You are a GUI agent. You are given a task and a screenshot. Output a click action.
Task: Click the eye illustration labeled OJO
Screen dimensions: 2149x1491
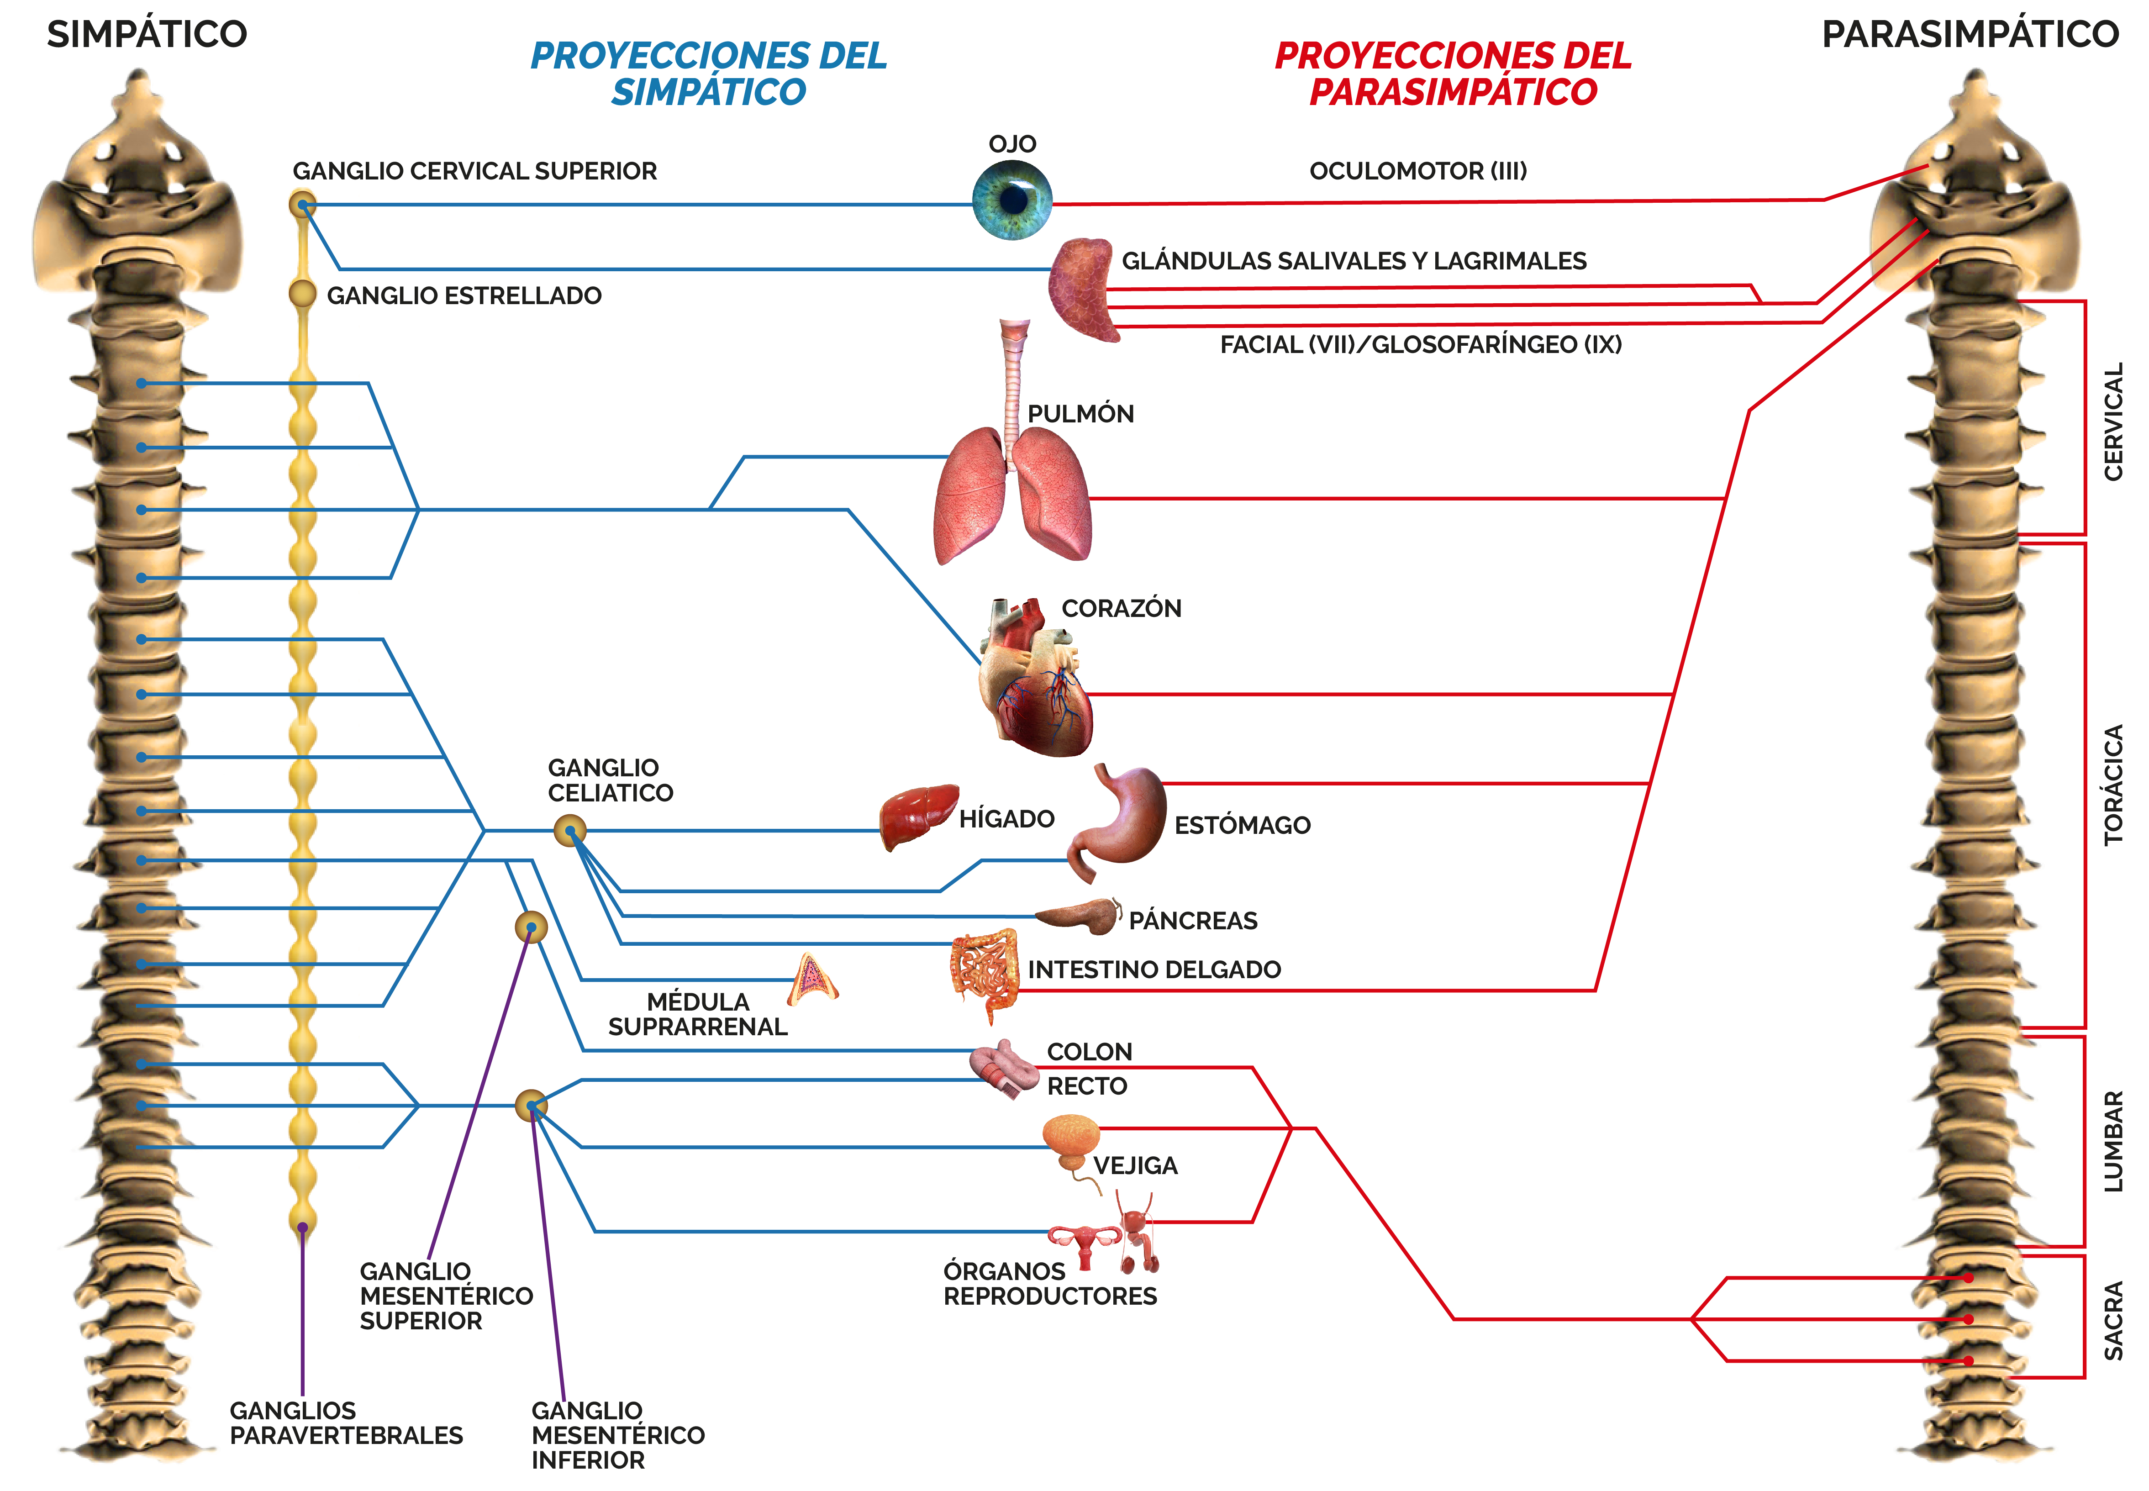[x=1012, y=200]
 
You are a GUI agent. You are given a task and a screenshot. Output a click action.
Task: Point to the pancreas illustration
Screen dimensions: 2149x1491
[x=1077, y=917]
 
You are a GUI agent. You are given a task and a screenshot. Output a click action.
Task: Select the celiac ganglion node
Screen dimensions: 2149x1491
[x=570, y=830]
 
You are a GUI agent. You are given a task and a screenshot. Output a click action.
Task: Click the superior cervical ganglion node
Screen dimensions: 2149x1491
[x=302, y=204]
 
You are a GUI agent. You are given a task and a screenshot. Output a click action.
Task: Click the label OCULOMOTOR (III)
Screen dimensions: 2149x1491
[x=1418, y=171]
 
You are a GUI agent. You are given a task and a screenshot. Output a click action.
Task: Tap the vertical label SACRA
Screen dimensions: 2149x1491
[x=2112, y=1320]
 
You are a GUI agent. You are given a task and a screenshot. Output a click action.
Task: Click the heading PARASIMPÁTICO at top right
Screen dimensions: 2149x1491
[x=1970, y=35]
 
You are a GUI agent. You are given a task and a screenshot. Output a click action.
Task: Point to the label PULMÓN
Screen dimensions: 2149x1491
[x=1080, y=414]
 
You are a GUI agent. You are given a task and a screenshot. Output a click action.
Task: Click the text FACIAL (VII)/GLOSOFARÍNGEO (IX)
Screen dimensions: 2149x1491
[x=1421, y=345]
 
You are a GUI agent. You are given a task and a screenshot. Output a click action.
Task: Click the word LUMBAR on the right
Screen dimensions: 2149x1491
[x=2112, y=1141]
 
